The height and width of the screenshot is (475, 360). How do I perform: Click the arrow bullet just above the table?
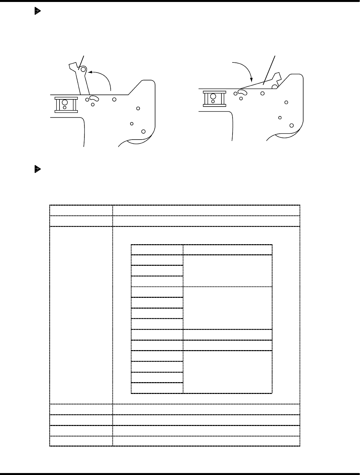pos(37,169)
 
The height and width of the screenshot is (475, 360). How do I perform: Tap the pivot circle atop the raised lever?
pos(83,69)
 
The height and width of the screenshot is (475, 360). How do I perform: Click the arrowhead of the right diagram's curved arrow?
pos(251,80)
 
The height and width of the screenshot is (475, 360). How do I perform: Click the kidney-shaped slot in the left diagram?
pos(94,98)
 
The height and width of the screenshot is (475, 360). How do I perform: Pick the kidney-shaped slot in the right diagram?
pos(243,93)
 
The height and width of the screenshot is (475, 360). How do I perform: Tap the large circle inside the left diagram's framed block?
pos(65,102)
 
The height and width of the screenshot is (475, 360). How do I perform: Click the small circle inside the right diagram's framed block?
pos(213,102)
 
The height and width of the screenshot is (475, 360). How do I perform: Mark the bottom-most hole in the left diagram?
pos(143,131)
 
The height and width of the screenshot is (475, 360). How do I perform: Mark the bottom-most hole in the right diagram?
pos(292,125)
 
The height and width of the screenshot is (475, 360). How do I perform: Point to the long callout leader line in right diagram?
pos(269,69)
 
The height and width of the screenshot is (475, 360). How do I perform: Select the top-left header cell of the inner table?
pos(157,249)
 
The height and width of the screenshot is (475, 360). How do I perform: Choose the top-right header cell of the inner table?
pos(227,249)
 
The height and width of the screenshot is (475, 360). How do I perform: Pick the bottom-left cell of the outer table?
pos(81,441)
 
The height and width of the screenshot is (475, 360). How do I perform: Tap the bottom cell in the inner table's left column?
pos(157,388)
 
